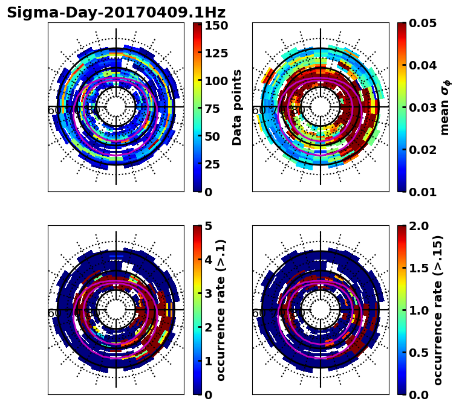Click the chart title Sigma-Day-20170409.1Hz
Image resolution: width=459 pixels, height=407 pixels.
tap(116, 13)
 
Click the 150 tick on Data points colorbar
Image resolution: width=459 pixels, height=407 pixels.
tap(216, 25)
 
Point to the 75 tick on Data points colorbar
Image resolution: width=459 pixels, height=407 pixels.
tap(213, 109)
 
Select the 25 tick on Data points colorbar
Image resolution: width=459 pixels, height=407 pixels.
tap(213, 164)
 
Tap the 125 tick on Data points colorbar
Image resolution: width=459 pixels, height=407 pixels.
tap(216, 53)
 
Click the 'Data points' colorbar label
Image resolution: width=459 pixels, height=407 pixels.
tap(237, 107)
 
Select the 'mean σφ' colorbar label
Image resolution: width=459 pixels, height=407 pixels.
tap(445, 107)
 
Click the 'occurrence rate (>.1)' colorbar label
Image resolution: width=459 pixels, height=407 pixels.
tap(221, 310)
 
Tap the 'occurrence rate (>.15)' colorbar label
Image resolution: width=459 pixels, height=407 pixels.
tap(438, 310)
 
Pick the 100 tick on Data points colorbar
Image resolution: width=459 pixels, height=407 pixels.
tap(216, 81)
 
